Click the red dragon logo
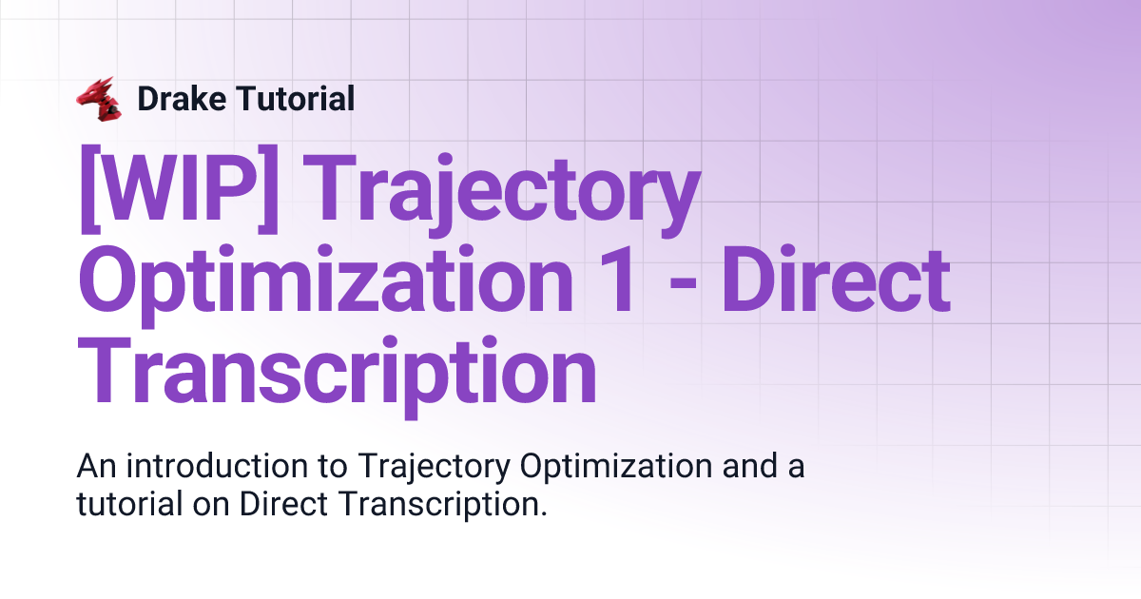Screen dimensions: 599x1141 pyautogui.click(x=99, y=99)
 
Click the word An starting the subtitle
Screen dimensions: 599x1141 pyautogui.click(x=96, y=467)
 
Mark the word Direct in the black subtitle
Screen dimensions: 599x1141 pyautogui.click(x=281, y=505)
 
